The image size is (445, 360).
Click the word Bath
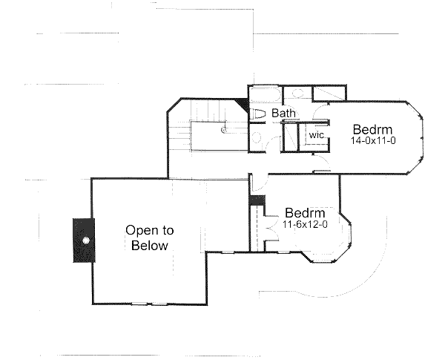(283, 114)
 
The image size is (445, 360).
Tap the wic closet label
(317, 136)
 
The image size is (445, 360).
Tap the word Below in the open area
(149, 246)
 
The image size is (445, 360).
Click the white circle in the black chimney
(86, 240)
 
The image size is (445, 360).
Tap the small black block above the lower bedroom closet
(256, 200)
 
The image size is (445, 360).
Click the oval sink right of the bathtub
(294, 94)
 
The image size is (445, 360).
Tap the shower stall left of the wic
(290, 136)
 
